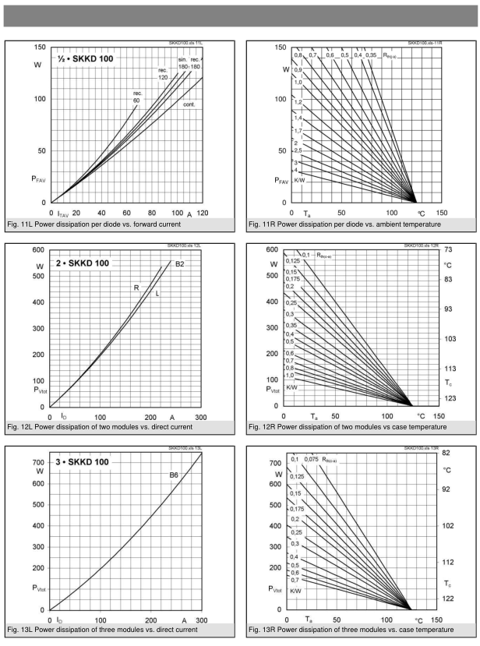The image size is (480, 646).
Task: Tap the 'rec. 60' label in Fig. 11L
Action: click(x=137, y=97)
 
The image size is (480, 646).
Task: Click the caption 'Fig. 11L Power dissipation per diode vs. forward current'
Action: click(x=115, y=224)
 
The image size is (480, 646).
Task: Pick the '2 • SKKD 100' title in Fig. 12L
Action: click(x=81, y=263)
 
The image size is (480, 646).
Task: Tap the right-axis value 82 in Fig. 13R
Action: click(x=446, y=453)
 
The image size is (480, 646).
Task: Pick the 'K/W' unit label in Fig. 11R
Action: click(x=300, y=179)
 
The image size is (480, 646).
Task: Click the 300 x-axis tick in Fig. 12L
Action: click(x=200, y=418)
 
